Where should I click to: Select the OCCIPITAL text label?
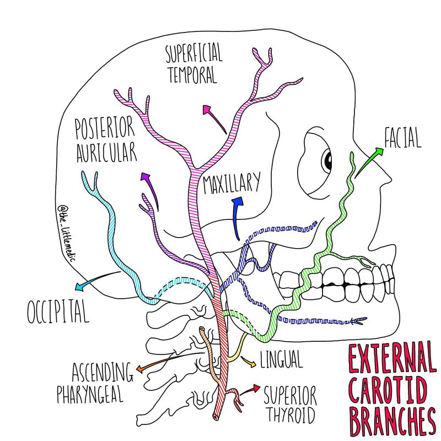(x=58, y=311)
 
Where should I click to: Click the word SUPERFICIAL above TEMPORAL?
(x=193, y=54)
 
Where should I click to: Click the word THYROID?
(x=290, y=414)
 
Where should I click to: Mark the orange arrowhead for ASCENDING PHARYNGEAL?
(x=141, y=368)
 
